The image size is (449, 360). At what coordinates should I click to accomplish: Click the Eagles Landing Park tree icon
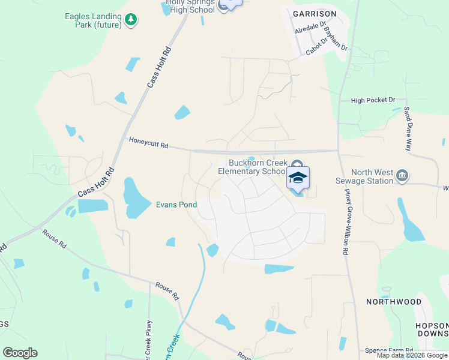(131, 20)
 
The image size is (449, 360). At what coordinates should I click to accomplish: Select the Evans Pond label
(176, 205)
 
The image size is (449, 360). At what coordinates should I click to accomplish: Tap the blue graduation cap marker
(298, 178)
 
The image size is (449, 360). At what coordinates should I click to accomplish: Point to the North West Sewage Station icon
(403, 176)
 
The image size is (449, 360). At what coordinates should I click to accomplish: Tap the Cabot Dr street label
(316, 47)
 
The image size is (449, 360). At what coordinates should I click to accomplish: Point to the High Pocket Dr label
(373, 100)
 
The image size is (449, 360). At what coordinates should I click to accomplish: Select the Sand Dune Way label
(408, 129)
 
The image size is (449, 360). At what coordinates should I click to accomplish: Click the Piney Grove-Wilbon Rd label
(346, 223)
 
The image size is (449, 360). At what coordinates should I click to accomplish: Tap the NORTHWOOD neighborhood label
(393, 302)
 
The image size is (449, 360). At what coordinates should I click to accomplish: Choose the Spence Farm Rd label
(390, 350)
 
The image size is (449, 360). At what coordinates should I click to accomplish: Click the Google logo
(20, 352)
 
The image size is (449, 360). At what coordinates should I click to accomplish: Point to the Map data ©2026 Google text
(412, 355)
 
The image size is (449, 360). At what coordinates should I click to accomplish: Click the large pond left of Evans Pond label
(136, 198)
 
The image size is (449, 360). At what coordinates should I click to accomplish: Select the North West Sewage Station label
(372, 177)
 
